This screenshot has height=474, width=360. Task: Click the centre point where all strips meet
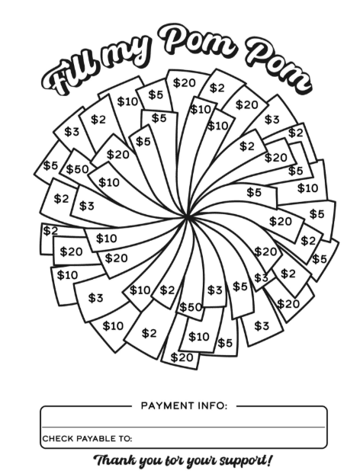coord(187,216)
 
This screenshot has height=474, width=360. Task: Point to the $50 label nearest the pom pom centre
coord(191,307)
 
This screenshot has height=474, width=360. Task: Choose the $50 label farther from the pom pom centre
coord(77,169)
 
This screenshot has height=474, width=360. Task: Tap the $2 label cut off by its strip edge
coord(50,231)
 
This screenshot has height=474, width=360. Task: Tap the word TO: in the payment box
coord(126,438)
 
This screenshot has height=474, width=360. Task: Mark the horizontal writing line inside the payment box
coord(183,427)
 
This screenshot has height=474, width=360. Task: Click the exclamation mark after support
coord(268,460)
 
